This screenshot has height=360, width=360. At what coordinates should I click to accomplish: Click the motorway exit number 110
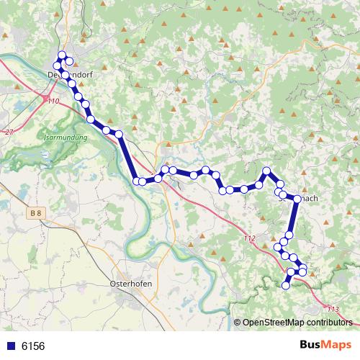pos(53,102)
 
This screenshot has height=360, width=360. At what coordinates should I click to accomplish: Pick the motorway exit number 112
pos(249,238)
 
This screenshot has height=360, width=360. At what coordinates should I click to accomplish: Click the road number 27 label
pos(9,132)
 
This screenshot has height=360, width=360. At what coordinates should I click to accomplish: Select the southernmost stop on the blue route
pos(285,286)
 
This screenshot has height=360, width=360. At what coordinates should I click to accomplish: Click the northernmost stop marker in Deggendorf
pos(62,55)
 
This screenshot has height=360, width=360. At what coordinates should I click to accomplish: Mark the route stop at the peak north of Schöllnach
pos(266,171)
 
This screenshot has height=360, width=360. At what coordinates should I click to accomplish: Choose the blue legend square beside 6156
pos(10,346)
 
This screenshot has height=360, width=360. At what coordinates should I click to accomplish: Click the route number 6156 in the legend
pos(33,346)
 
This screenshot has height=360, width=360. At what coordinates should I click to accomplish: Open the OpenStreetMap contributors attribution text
pos(297,323)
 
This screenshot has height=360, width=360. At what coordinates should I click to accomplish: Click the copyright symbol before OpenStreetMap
pos(238,323)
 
